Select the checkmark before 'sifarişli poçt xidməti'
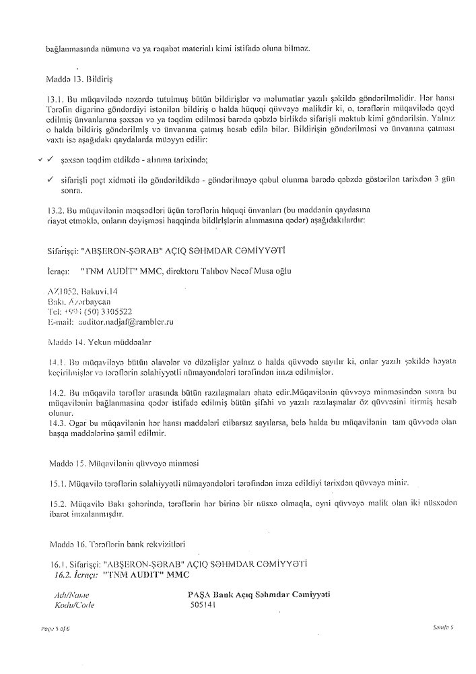(x=50, y=179)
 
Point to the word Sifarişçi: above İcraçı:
(x=59, y=251)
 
